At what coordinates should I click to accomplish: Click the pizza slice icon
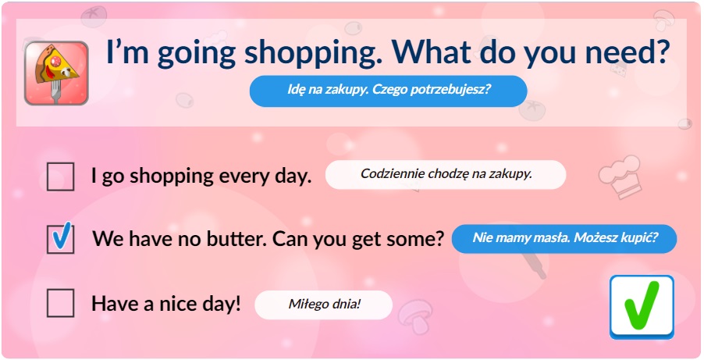point(56,73)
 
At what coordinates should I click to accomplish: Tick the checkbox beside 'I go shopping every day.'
point(60,176)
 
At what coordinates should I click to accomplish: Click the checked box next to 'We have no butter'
point(60,239)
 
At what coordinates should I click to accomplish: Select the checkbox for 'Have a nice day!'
point(60,303)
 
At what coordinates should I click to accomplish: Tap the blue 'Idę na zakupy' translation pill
point(389,91)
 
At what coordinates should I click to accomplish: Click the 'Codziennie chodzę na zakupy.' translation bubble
point(446,174)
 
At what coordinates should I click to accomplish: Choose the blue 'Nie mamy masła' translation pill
point(564,238)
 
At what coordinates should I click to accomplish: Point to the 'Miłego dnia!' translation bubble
point(324,305)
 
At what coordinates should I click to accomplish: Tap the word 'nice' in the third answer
point(176,305)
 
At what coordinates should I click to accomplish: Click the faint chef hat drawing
point(620,176)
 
